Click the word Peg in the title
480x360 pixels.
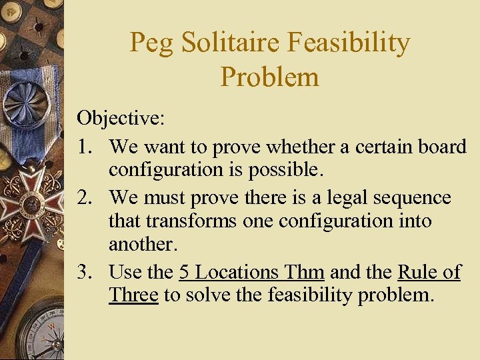pyautogui.click(x=151, y=43)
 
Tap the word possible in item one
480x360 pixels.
pyautogui.click(x=285, y=169)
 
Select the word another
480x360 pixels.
pyautogui.click(x=143, y=244)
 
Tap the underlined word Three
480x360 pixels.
pyautogui.click(x=133, y=295)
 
